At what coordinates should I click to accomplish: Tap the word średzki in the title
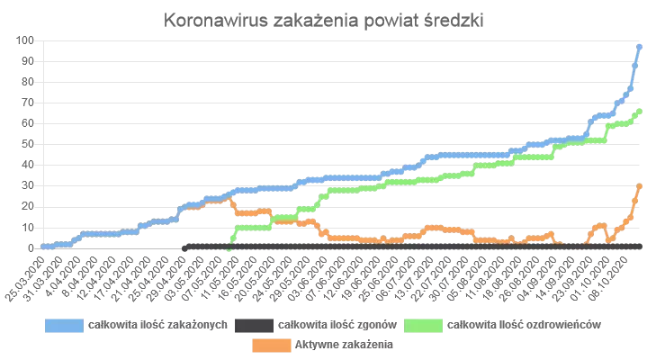tap(453, 21)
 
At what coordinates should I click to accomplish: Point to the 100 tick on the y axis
tap(23, 40)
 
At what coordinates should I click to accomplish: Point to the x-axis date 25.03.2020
tap(27, 274)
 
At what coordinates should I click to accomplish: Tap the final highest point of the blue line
tap(639, 46)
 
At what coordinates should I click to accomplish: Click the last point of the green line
tap(639, 111)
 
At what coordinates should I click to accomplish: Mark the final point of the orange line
tap(639, 185)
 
